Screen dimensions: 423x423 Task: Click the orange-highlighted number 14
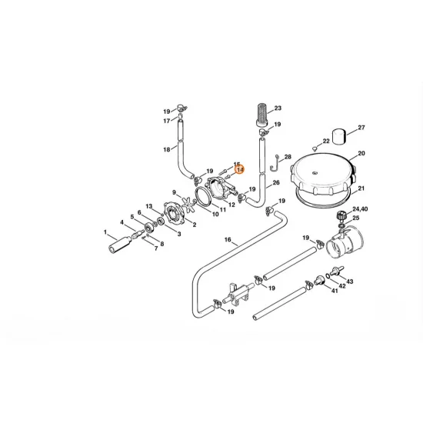(x=239, y=169)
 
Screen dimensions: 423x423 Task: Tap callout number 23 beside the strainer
(x=278, y=108)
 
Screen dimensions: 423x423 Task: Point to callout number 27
(x=361, y=127)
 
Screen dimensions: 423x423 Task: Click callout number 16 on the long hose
(x=227, y=241)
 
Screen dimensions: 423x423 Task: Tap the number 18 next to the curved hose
(x=167, y=149)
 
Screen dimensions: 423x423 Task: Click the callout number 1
(x=105, y=231)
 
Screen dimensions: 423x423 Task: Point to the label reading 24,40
(x=360, y=209)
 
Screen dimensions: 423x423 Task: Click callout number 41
(x=335, y=291)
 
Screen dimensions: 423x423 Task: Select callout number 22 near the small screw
(x=326, y=142)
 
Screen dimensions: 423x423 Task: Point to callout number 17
(x=166, y=121)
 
